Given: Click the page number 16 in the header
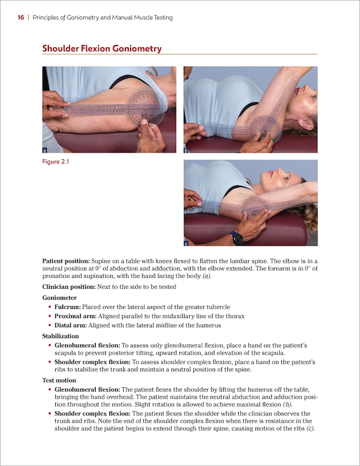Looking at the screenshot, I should (20, 18).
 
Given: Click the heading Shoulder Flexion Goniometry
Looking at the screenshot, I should (102, 49).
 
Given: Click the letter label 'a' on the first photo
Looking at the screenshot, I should (45, 150).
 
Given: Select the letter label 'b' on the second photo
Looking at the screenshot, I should (186, 150).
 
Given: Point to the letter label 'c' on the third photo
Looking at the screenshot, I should (186, 242).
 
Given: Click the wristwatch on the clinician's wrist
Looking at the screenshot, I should (236, 238).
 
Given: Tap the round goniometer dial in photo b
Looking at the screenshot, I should (265, 128).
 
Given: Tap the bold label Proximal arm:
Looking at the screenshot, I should (75, 316).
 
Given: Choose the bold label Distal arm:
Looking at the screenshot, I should (71, 326).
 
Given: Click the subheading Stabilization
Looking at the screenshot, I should (60, 335).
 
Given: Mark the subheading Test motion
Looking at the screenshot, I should (59, 380).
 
